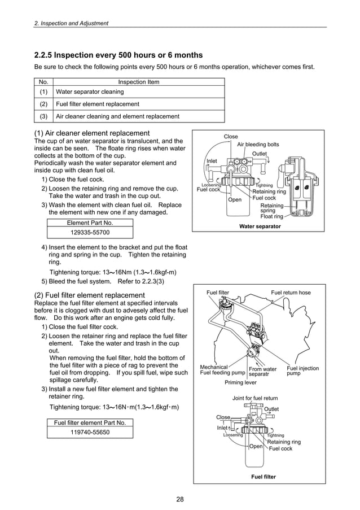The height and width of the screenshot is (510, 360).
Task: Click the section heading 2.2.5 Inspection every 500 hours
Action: coord(118,55)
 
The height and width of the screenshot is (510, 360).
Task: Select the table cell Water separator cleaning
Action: coord(90,91)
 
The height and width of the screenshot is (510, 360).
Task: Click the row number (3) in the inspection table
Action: coord(43,116)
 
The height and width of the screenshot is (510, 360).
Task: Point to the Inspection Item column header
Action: coord(138,82)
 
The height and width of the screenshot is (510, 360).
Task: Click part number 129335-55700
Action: coord(90,232)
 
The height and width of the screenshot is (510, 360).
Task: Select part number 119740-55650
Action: coord(90,432)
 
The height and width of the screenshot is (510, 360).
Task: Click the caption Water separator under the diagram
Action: coord(260,226)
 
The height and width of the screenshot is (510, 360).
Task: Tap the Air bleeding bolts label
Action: coord(258,145)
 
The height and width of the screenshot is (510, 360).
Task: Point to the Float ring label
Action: coord(271,216)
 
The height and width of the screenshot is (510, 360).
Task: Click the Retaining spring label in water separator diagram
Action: coord(271,208)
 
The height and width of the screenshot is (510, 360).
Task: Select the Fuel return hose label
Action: coord(291,293)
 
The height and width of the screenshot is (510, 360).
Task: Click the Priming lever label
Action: coord(240,382)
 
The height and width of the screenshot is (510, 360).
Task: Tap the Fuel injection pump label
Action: coord(302,371)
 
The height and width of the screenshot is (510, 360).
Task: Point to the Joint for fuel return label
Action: coord(255,398)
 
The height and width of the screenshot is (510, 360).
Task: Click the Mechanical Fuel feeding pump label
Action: coord(222,370)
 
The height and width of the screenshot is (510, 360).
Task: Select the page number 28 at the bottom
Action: coord(180,499)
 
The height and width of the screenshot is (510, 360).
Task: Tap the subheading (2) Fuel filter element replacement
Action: coord(90,295)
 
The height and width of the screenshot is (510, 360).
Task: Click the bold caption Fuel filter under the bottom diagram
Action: coord(263,477)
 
